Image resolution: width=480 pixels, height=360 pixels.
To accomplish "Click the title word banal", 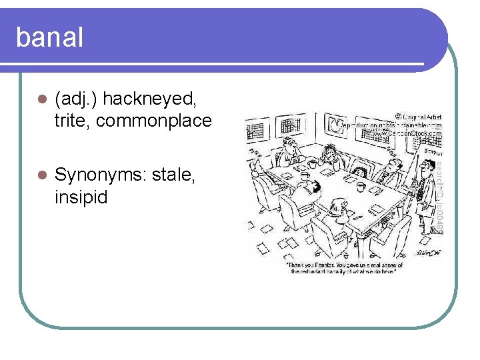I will [x=49, y=37].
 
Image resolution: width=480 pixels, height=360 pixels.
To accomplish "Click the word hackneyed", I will [x=150, y=99].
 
